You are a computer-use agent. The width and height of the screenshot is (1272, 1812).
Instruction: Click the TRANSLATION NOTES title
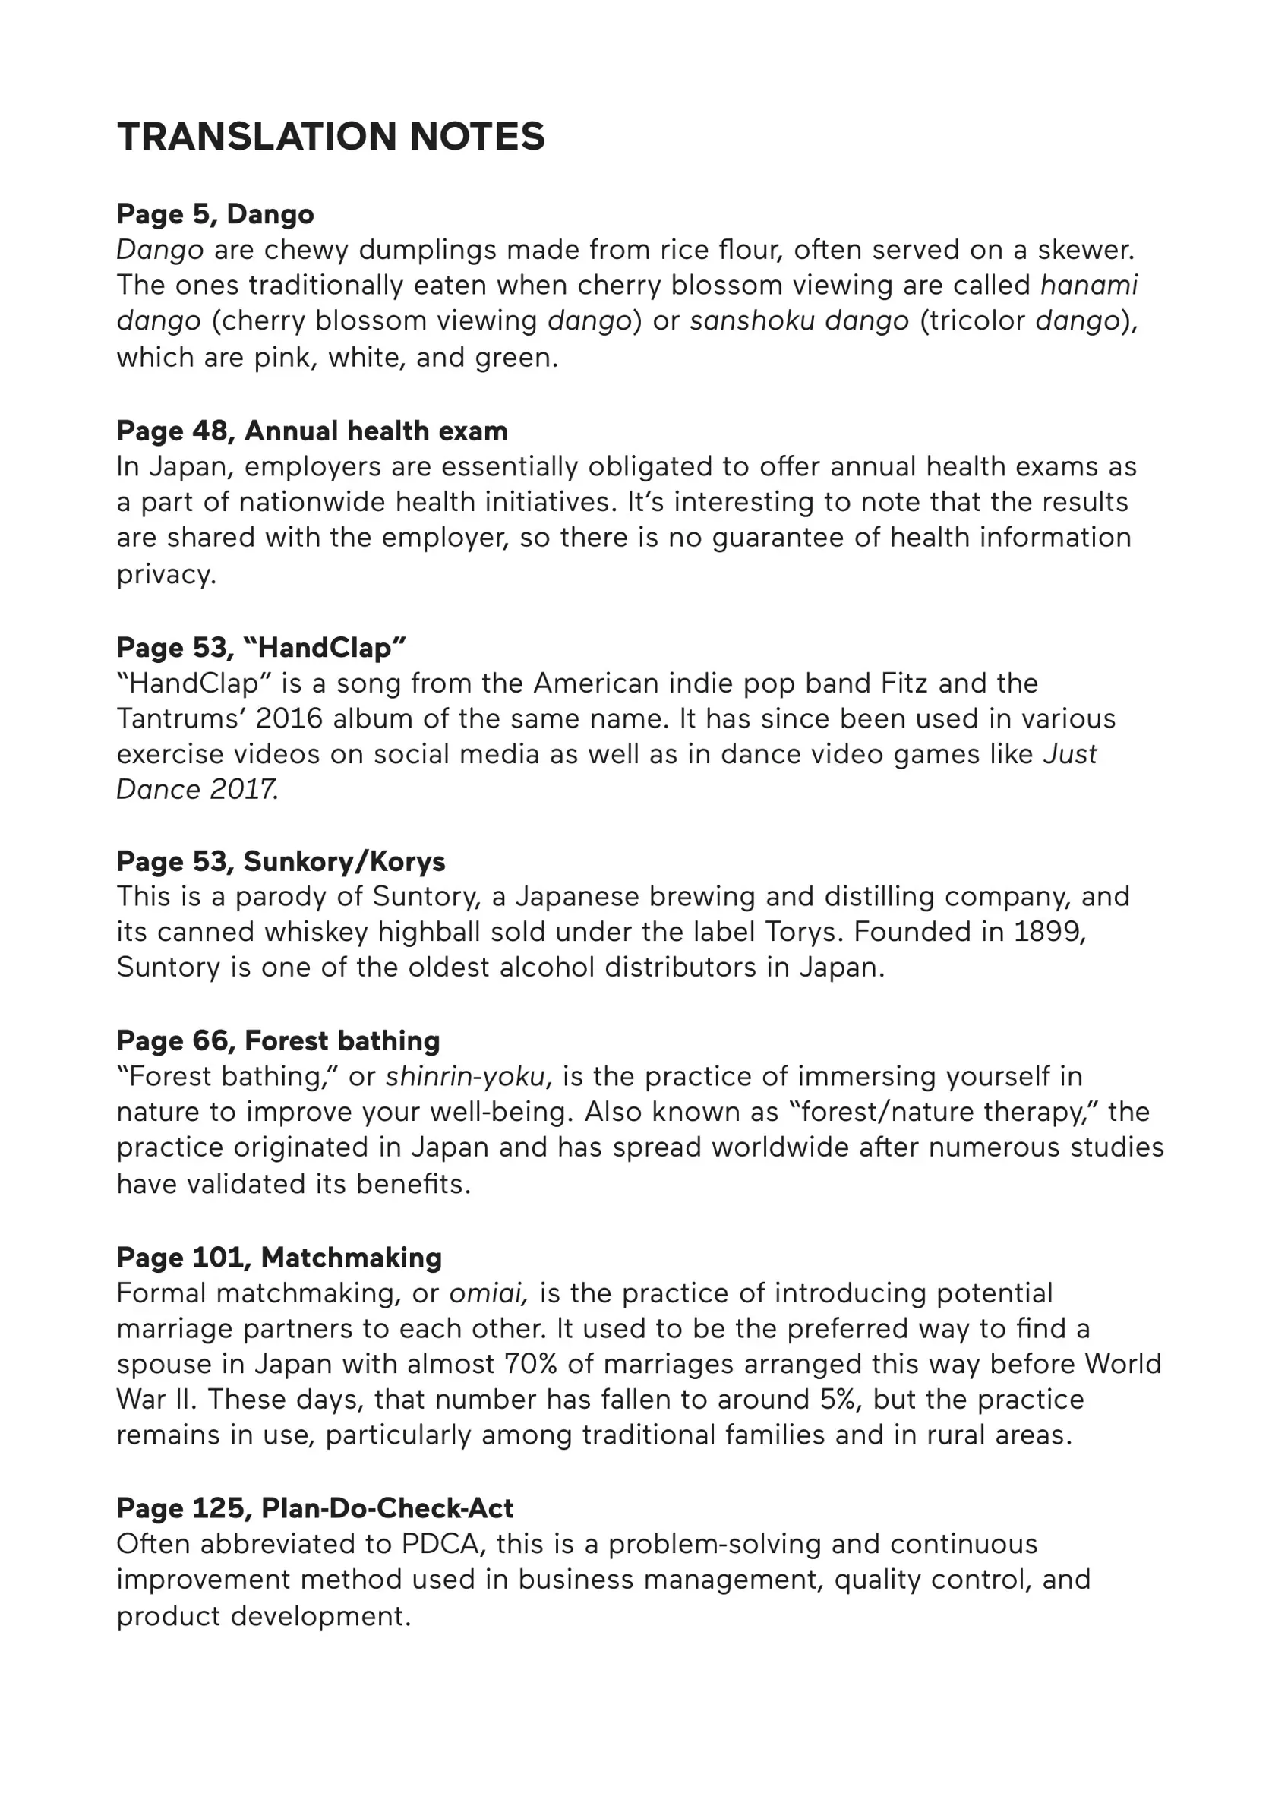coord(330,137)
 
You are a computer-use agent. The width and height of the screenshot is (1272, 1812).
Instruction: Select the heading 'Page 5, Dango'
coord(215,214)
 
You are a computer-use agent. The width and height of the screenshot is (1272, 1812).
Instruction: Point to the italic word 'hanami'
coord(1089,285)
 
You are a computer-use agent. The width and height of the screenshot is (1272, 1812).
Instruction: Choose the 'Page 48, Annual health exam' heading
coord(311,431)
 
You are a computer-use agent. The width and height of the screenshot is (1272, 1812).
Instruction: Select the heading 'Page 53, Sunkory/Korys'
coord(280,861)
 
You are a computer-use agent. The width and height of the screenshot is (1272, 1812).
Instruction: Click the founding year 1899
coord(1049,931)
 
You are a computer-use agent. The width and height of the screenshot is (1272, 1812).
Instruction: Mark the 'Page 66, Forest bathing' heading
coord(278,1040)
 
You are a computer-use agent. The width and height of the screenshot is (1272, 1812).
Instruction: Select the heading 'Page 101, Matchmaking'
coord(279,1257)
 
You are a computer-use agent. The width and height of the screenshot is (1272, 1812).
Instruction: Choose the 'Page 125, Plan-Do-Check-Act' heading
coord(315,1508)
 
